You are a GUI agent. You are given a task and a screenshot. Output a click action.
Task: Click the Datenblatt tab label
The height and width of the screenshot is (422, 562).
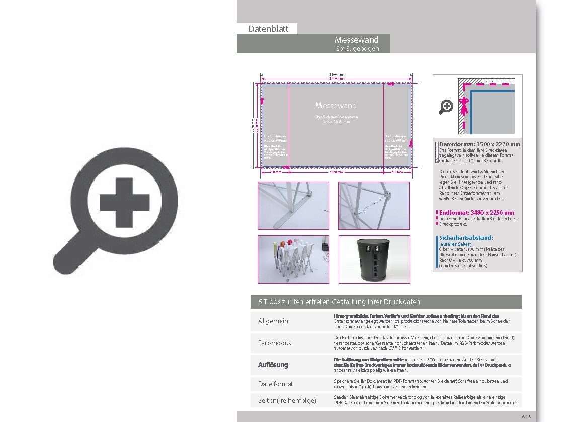pyautogui.click(x=268, y=29)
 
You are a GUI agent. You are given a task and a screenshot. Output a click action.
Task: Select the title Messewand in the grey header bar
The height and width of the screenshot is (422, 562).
pyautogui.click(x=357, y=40)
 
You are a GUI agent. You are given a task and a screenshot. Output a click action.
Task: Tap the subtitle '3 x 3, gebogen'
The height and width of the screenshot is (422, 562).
pyautogui.click(x=357, y=49)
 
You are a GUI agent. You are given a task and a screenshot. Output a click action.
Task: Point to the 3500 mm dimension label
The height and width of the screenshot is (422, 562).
pyautogui.click(x=336, y=74)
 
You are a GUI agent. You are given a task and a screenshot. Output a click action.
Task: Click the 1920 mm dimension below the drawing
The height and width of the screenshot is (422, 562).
pyautogui.click(x=336, y=172)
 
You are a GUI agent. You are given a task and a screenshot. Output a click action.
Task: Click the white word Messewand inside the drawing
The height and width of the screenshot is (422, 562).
pyautogui.click(x=336, y=105)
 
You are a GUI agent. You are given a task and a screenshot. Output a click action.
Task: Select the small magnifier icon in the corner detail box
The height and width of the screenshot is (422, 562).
pyautogui.click(x=446, y=107)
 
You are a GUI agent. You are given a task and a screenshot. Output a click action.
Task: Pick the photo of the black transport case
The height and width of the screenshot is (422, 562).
pyautogui.click(x=374, y=259)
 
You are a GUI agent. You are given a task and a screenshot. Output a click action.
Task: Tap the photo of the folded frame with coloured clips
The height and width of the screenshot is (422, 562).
pyautogui.click(x=293, y=259)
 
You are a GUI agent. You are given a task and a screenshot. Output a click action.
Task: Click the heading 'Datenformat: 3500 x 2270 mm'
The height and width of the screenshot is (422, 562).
pyautogui.click(x=479, y=144)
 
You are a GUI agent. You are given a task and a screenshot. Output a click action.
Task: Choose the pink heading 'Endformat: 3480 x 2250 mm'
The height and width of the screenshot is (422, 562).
pyautogui.click(x=476, y=213)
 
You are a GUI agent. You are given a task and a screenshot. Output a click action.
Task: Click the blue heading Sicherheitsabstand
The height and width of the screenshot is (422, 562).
pyautogui.click(x=466, y=238)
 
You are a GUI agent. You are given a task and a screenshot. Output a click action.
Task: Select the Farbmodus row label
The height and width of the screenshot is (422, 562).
pyautogui.click(x=274, y=343)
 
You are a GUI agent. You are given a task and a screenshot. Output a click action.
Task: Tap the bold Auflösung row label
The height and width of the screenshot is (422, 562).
pyautogui.click(x=273, y=365)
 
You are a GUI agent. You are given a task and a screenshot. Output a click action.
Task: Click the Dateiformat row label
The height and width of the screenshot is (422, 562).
pyautogui.click(x=275, y=384)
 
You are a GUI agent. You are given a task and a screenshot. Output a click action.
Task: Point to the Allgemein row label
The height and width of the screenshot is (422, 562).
pyautogui.click(x=273, y=321)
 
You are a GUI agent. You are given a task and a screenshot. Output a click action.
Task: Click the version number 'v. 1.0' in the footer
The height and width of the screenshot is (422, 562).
pyautogui.click(x=526, y=416)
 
